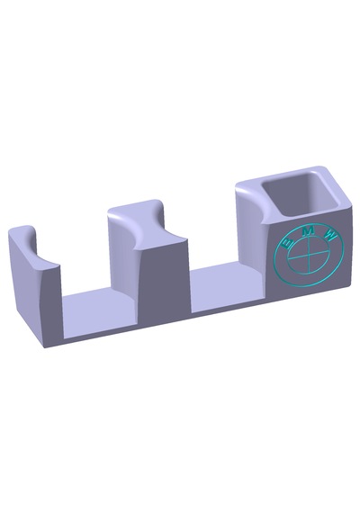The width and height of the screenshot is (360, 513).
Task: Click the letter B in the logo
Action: pos(288,243)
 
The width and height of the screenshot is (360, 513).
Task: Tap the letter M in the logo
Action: pos(308,231)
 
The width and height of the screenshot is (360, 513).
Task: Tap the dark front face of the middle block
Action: pos(165,282)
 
